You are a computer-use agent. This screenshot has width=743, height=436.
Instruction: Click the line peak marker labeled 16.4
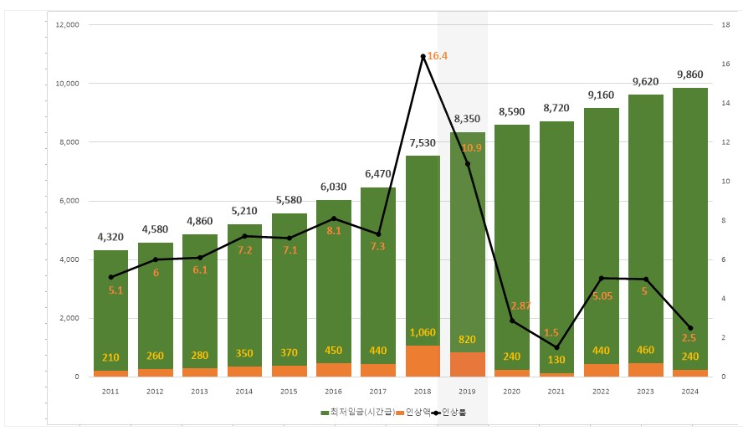point(423,56)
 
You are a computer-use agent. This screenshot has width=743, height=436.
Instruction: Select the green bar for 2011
point(110,310)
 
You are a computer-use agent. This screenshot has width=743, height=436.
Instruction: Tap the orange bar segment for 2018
point(423,361)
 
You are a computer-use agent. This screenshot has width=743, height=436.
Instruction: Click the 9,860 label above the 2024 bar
point(690,74)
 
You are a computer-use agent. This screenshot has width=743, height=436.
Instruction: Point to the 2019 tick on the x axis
point(467,390)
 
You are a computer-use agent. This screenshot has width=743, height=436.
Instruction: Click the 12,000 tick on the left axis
point(65,25)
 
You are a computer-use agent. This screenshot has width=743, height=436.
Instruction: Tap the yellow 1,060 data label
point(423,333)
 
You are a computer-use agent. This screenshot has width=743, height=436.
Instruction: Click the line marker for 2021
point(556,347)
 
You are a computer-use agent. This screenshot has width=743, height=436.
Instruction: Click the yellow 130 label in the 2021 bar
point(556,357)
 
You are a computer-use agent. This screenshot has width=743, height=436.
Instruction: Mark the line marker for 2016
point(334,218)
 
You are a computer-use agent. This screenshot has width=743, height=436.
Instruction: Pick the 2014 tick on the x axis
point(244,390)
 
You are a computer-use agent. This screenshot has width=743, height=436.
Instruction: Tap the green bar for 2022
point(601,234)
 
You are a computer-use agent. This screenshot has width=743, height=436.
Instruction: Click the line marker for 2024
point(690,328)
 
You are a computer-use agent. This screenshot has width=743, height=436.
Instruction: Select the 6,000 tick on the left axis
point(66,201)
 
